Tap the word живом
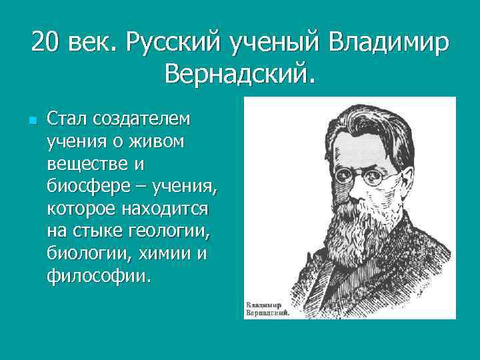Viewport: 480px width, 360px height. point(160,141)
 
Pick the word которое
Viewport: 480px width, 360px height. point(80,209)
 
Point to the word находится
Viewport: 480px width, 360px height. point(163,209)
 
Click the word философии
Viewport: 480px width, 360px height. point(97,276)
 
